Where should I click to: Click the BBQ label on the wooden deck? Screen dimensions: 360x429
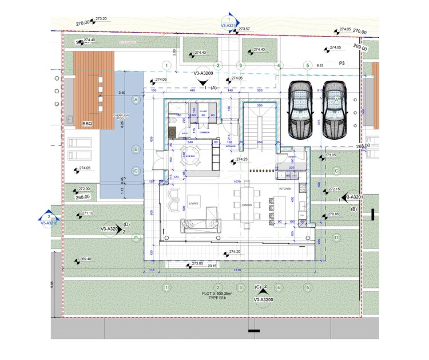tap(88, 123)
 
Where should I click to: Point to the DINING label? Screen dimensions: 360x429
tap(247, 204)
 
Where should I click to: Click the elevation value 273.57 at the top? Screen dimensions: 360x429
tap(245, 29)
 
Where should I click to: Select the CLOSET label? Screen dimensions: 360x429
tap(203, 111)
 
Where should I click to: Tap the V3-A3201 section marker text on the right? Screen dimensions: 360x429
tap(355, 197)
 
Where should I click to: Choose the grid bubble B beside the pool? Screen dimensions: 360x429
tap(136, 149)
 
